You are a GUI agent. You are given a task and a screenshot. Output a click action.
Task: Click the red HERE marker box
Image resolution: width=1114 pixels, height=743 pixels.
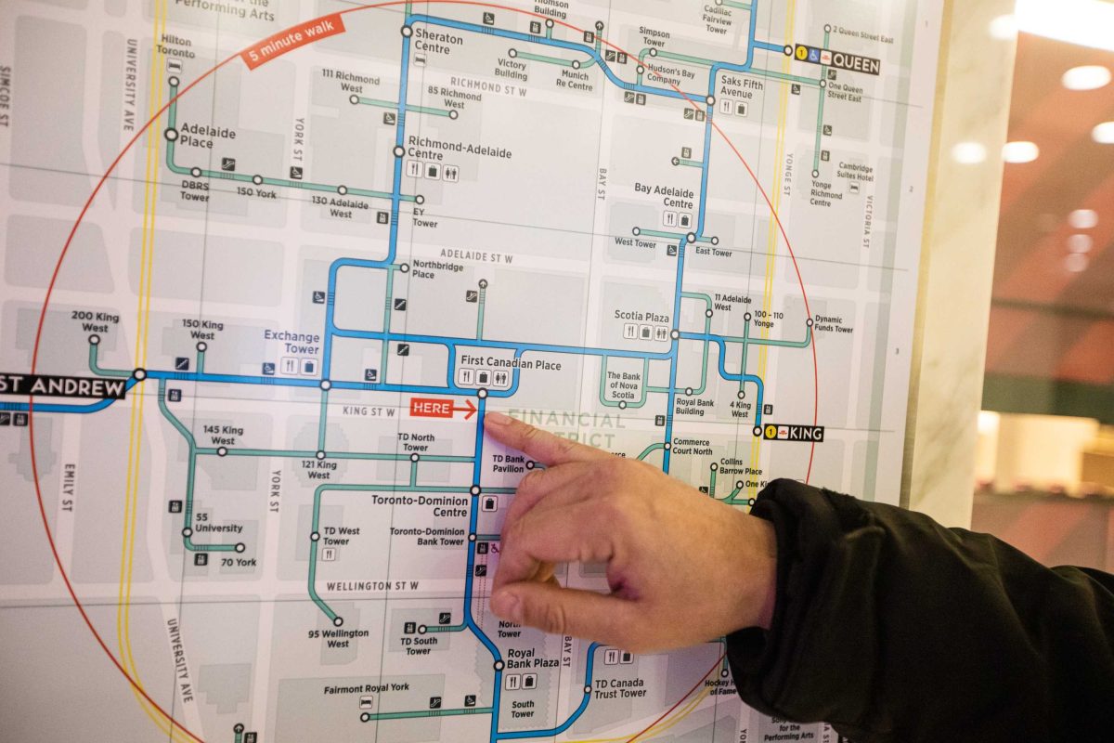pyautogui.click(x=432, y=408)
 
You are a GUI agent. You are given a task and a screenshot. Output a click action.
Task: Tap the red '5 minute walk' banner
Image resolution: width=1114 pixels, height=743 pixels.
pyautogui.click(x=293, y=41)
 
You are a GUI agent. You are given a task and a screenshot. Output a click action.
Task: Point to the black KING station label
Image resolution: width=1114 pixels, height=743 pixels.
pyautogui.click(x=803, y=433)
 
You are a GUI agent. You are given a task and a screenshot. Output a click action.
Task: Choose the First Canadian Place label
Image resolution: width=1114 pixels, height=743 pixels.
pyautogui.click(x=511, y=365)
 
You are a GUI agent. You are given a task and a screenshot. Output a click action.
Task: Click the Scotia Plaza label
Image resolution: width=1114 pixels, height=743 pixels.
pyautogui.click(x=641, y=316)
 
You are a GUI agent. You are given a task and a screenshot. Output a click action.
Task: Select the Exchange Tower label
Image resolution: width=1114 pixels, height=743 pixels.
pyautogui.click(x=291, y=342)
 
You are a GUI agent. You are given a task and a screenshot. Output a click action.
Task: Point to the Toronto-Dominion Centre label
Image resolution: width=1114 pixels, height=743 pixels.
pyautogui.click(x=420, y=505)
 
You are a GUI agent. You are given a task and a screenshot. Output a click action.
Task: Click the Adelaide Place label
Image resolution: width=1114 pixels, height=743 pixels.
pyautogui.click(x=208, y=136)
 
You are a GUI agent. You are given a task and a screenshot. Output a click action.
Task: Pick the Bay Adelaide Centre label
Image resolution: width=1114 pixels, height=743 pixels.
pyautogui.click(x=664, y=195)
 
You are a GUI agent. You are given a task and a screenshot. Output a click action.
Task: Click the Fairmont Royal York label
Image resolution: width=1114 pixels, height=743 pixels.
pyautogui.click(x=366, y=689)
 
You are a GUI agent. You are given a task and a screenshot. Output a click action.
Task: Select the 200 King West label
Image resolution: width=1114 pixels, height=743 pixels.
pyautogui.click(x=95, y=321)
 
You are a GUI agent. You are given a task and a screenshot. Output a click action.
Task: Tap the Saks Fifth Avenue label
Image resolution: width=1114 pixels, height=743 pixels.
pyautogui.click(x=736, y=88)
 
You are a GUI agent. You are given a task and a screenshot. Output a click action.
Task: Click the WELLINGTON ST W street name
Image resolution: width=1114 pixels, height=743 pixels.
pyautogui.click(x=372, y=586)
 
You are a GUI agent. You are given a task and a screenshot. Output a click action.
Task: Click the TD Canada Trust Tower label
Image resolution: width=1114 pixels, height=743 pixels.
pyautogui.click(x=620, y=687)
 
